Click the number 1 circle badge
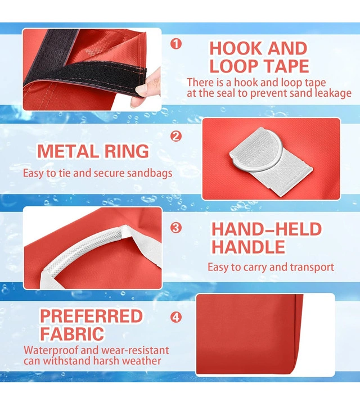175,44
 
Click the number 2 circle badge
175,137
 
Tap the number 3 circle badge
175,228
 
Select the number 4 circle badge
175,317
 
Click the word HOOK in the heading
236,48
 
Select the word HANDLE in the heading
249,247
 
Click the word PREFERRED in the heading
91,316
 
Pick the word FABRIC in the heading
72,333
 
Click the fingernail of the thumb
141,90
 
